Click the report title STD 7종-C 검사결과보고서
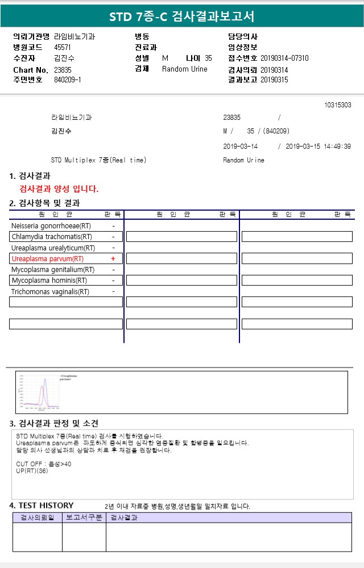coord(182,16)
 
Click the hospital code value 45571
coord(63,47)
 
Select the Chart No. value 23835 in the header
coord(63,69)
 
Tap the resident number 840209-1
coord(68,80)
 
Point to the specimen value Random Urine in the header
coord(185,69)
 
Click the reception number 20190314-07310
coord(284,59)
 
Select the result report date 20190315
coord(274,80)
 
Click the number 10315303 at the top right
coord(337,105)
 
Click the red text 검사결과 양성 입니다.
coord(59,189)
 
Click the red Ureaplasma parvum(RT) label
coord(47,259)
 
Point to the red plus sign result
coord(113,259)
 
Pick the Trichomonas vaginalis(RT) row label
coord(50,292)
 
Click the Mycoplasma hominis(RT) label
coord(49,281)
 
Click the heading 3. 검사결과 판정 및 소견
coord(54,423)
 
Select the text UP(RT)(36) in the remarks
coord(32,471)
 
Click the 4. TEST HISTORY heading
coord(42,506)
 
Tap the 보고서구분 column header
coord(84,517)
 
